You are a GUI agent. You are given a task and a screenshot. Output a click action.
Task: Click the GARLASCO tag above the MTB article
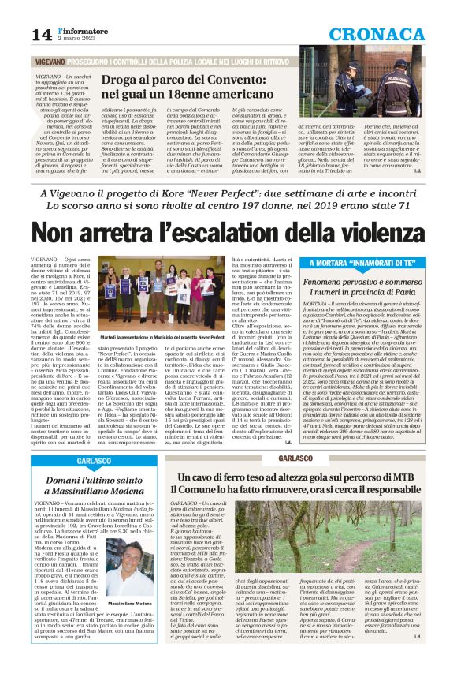point(298,458)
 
